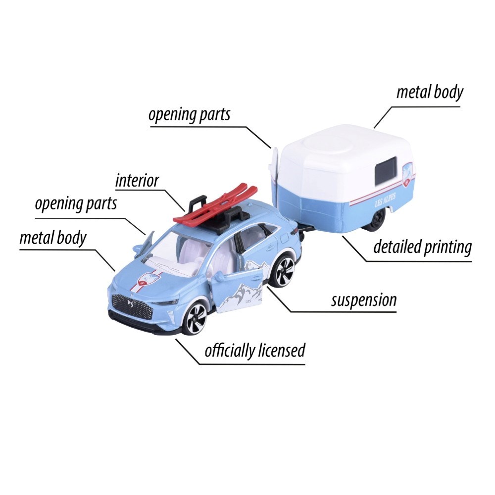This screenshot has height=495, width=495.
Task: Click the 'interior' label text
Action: point(137,181)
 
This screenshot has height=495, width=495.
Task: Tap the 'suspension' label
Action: point(364,300)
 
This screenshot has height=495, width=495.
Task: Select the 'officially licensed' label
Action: point(255,350)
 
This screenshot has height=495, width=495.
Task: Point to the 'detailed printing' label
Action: point(422,247)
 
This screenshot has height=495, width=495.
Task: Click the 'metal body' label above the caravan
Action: point(430,93)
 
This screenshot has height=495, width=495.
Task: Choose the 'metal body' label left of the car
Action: point(53,238)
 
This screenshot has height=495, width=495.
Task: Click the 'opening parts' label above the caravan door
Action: point(190,115)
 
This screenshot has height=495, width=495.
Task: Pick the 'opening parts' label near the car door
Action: point(76,204)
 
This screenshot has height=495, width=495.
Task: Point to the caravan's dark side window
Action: point(386,172)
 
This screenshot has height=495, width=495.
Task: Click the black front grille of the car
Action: point(132,306)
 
